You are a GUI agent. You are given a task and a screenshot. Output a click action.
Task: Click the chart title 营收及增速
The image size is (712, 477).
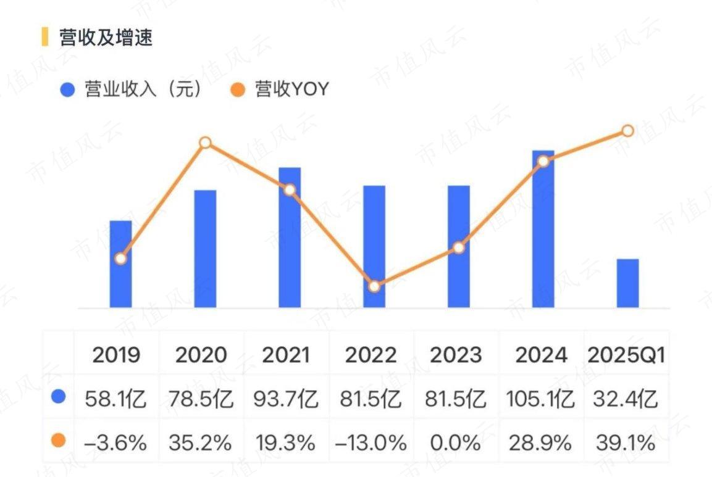[x=105, y=38]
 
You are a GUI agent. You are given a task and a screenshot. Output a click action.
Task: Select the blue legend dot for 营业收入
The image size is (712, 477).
[x=67, y=90]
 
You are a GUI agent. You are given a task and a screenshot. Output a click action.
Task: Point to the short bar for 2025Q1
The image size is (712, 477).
[x=627, y=283]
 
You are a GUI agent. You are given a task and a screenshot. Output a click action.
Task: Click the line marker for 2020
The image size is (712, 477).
[x=206, y=143]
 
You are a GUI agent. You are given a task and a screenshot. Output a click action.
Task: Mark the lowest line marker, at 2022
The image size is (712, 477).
[x=374, y=286]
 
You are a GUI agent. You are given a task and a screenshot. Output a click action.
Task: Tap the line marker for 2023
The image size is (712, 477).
[x=458, y=247]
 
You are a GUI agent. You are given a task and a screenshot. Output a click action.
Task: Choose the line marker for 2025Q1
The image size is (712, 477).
[x=627, y=131]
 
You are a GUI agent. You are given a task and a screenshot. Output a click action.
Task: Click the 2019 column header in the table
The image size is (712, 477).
[x=117, y=355]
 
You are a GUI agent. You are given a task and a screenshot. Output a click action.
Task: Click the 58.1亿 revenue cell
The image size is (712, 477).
[x=117, y=399]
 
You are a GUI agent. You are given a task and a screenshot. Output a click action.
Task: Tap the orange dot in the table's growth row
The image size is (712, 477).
[x=59, y=441]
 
